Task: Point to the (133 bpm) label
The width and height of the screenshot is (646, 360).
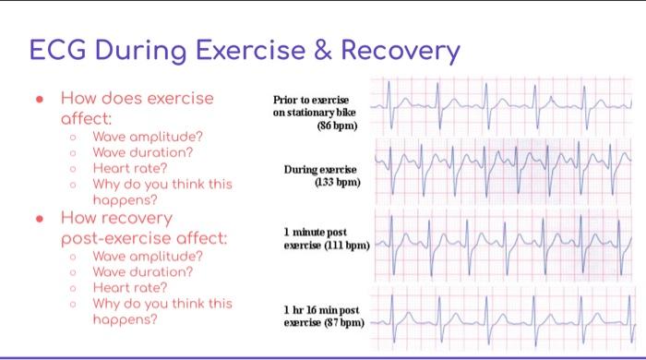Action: point(335,183)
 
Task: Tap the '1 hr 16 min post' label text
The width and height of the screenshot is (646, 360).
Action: point(314,310)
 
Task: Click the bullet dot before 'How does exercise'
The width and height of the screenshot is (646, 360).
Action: point(39,98)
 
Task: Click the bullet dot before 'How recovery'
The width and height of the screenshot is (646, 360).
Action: point(39,219)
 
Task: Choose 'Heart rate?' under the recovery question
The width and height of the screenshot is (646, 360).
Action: point(129,288)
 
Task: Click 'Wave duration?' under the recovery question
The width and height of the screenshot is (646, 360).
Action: point(142,272)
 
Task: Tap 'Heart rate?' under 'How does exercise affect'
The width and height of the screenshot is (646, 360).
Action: point(129,167)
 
